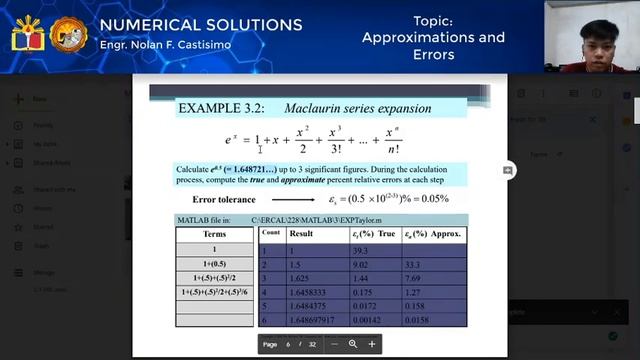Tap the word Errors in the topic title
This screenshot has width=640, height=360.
coord(433,55)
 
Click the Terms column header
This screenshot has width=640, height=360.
coord(214,234)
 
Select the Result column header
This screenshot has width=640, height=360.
coord(301,232)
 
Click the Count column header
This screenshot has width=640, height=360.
coord(270,232)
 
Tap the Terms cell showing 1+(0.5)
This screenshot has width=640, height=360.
coord(214,263)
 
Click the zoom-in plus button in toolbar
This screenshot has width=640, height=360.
coord(372,344)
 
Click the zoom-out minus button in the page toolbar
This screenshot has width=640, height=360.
coord(335,344)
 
